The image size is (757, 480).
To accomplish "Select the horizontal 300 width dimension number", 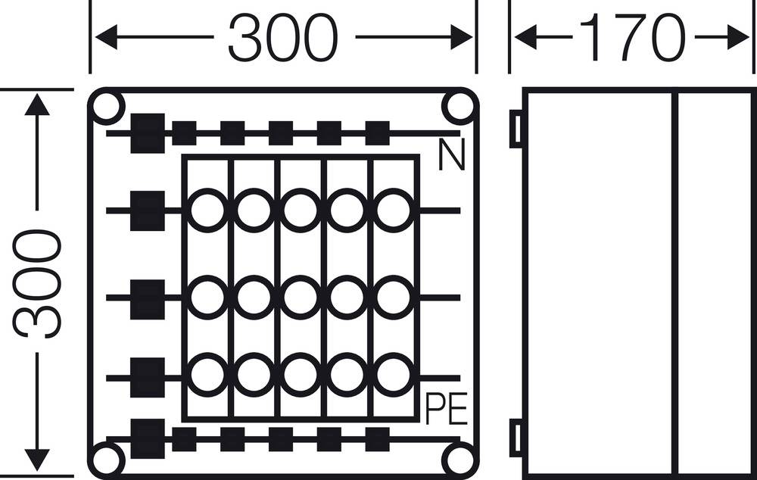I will pos(282,38).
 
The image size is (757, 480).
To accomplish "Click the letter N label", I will pos(451,157).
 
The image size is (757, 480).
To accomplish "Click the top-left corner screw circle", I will pos(107,108).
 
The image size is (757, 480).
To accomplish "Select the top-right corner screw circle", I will pos(459,108).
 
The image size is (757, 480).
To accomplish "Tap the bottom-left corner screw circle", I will pos(107,460).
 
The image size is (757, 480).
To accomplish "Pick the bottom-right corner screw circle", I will pos(459,460).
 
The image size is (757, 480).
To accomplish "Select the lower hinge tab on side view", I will pos(516,438).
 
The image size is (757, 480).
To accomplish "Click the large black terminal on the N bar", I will pos(148,133).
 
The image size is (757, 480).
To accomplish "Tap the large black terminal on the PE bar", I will pos(148,438).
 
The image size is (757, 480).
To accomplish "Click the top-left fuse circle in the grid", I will pos(207,210).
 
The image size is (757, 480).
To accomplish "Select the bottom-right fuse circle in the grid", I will pos(393,375).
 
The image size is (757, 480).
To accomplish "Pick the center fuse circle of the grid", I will pos(301,298).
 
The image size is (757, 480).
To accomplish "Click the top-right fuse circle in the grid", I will pos(393,210).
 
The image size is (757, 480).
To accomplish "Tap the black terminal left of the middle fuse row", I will pos(148,298).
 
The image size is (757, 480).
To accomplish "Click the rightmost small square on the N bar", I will pos(377,133).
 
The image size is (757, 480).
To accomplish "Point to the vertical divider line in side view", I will pos(674,284).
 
